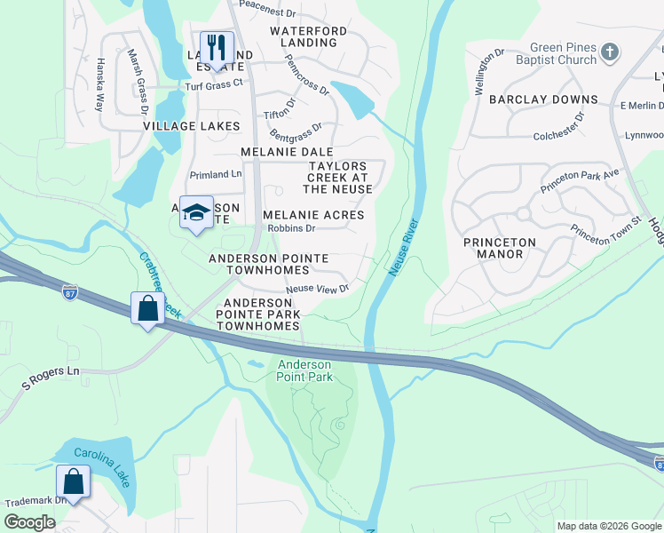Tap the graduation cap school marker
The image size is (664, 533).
(x=196, y=212)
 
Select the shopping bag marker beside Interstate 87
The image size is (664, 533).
(x=147, y=308)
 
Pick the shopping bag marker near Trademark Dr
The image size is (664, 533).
(x=74, y=482)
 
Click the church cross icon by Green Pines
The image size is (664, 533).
(x=609, y=52)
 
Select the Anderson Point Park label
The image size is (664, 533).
(x=304, y=370)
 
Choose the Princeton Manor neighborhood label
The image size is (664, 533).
(x=500, y=248)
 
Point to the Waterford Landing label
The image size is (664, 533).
(x=309, y=37)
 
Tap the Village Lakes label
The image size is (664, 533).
(x=192, y=126)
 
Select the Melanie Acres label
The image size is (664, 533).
(x=313, y=215)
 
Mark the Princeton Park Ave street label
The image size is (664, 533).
(x=580, y=181)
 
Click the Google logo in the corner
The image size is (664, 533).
(x=29, y=522)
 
